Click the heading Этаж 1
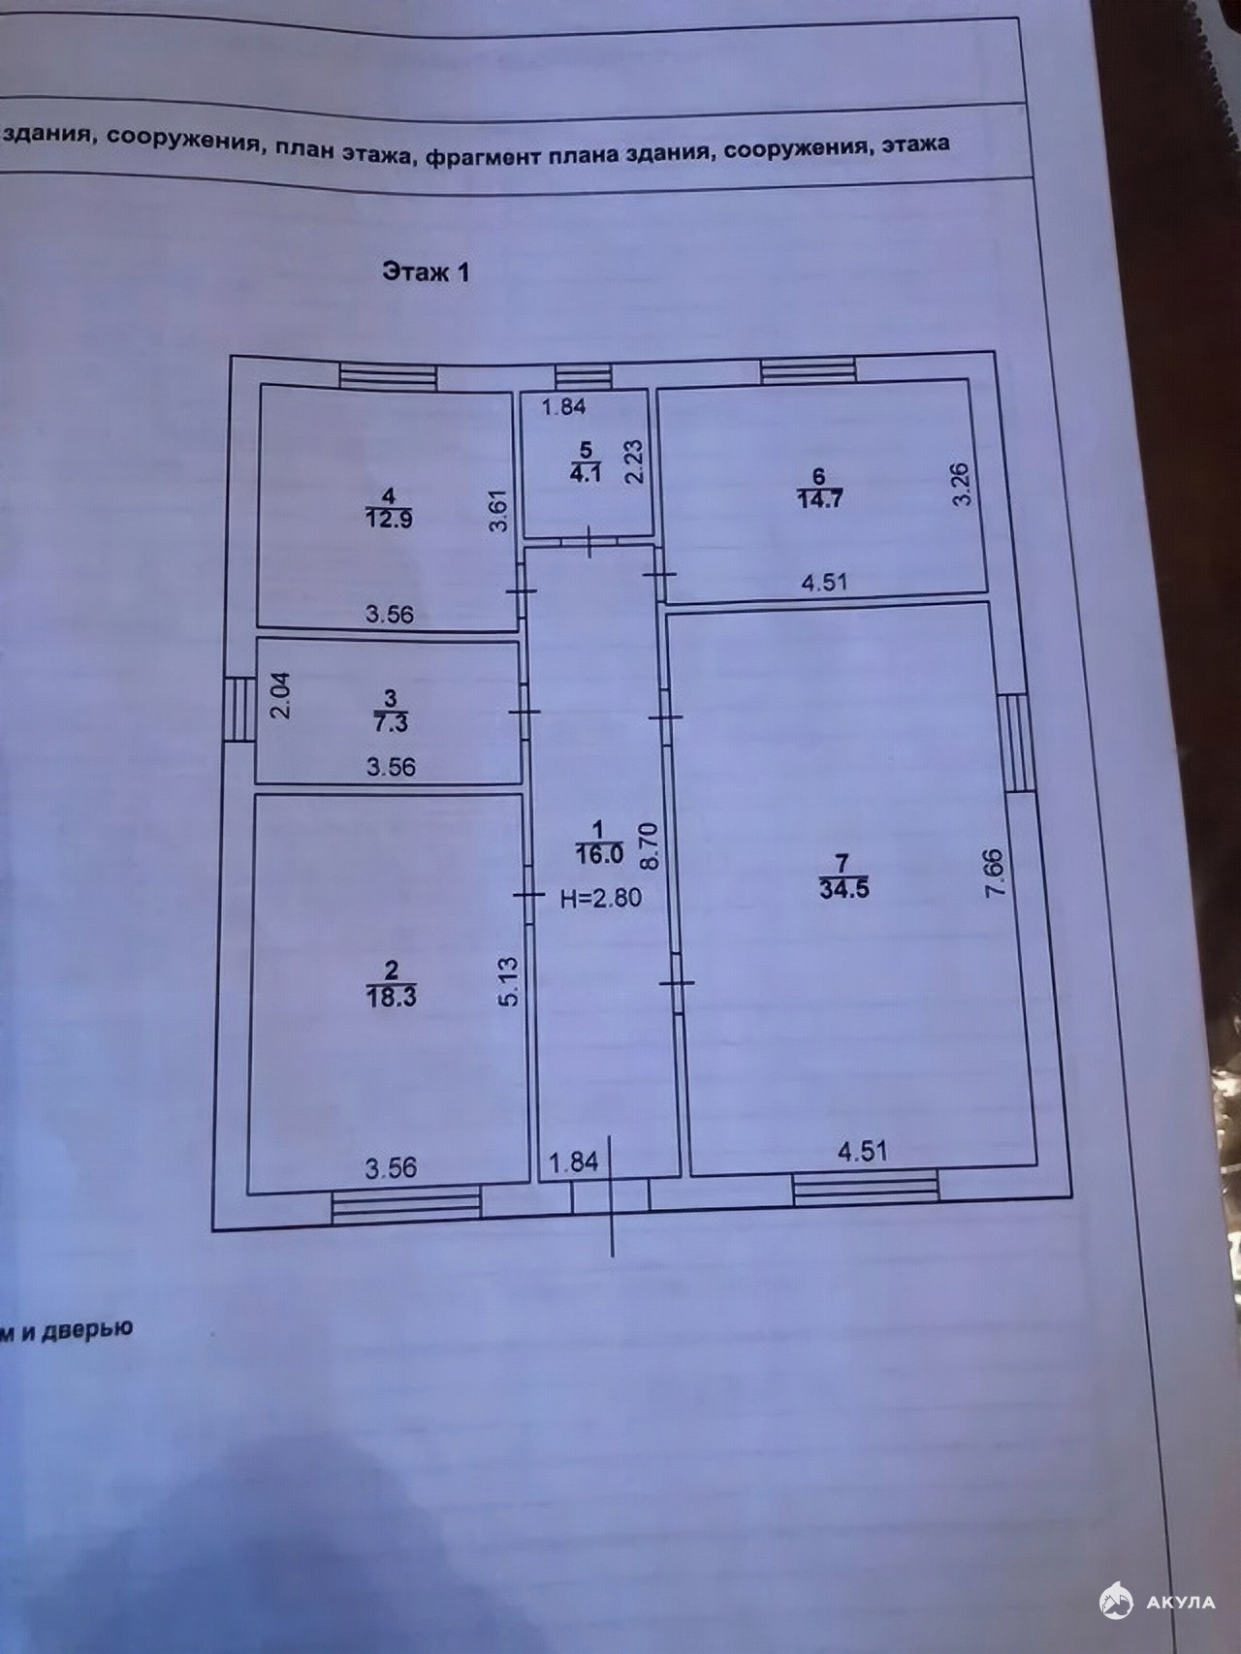[426, 271]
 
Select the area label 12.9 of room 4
[389, 520]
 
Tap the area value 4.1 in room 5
[586, 475]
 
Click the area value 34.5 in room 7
[843, 889]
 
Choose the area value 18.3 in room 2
[392, 997]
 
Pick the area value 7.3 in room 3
[390, 723]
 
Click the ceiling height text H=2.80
[601, 898]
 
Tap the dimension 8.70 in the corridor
[649, 844]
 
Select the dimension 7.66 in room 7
[995, 875]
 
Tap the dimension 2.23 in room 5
[633, 461]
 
